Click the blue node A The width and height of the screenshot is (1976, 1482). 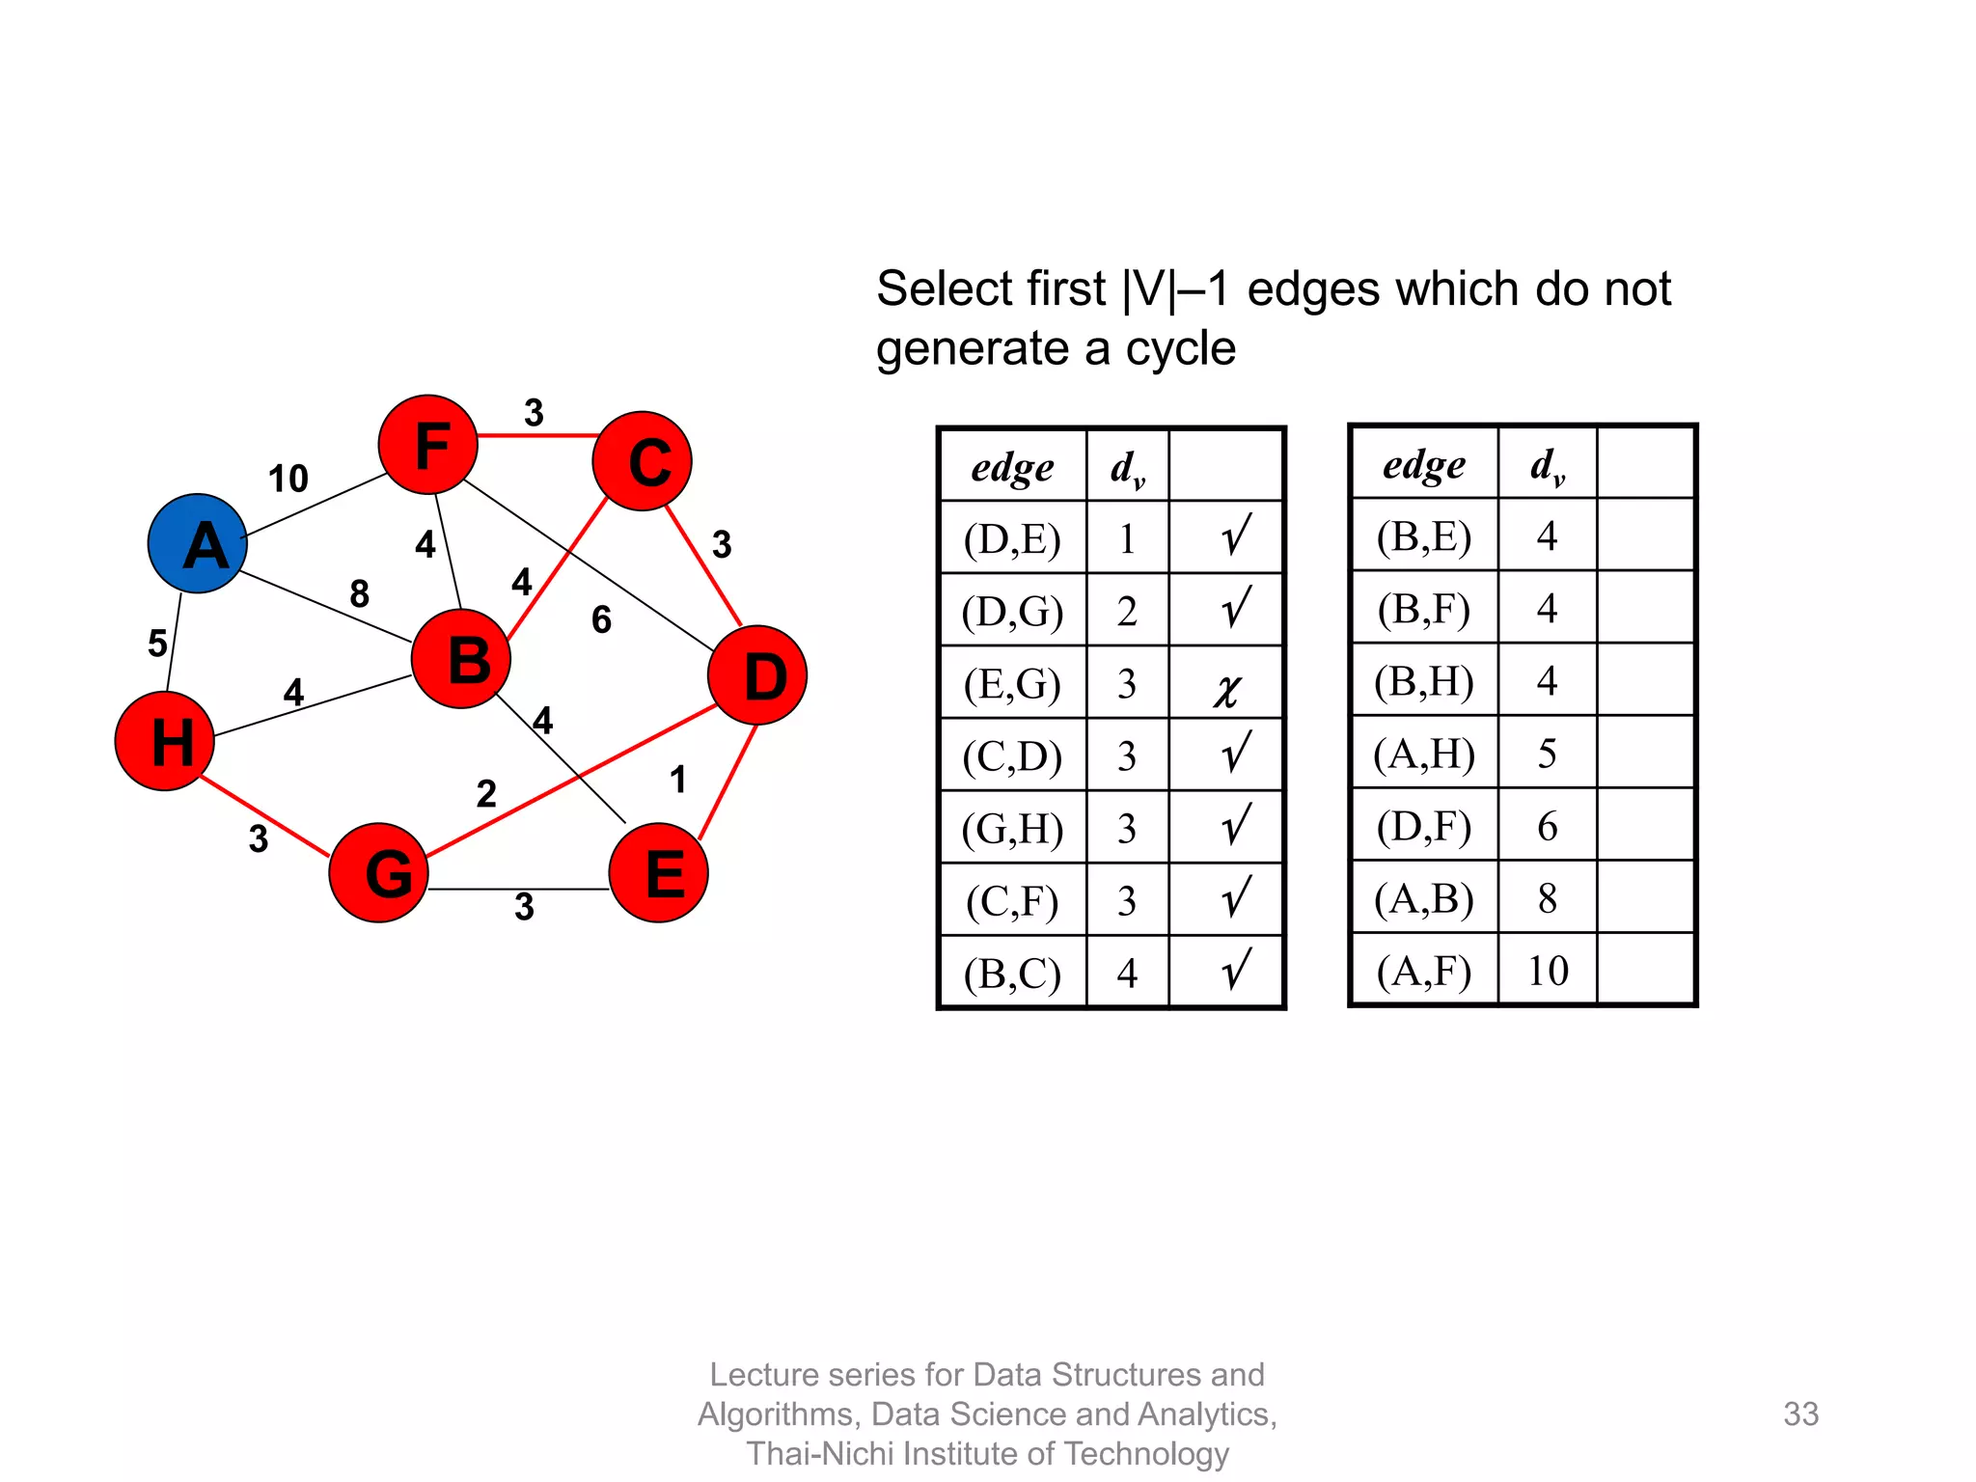pyautogui.click(x=198, y=543)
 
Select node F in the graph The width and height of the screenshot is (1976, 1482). pyautogui.click(x=428, y=445)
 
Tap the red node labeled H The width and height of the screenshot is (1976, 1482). pyautogui.click(x=165, y=741)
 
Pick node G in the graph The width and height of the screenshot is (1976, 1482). pyautogui.click(x=379, y=872)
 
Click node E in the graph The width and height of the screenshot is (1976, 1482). pyautogui.click(x=659, y=872)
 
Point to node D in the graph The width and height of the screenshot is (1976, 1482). pyautogui.click(x=757, y=675)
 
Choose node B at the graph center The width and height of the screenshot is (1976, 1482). pyautogui.click(x=461, y=659)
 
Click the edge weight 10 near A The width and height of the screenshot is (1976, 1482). pyautogui.click(x=288, y=479)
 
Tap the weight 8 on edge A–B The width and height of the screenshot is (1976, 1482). pyautogui.click(x=359, y=593)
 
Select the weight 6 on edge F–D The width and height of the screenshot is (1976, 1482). pyautogui.click(x=601, y=619)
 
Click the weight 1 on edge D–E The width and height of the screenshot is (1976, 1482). pyautogui.click(x=678, y=780)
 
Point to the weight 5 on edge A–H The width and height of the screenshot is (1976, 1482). pyautogui.click(x=157, y=644)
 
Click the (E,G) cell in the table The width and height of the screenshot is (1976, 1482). pyautogui.click(x=1012, y=684)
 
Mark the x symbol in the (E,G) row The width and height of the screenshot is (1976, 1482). pyautogui.click(x=1226, y=689)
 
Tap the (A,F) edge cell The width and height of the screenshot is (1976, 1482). pyautogui.click(x=1424, y=971)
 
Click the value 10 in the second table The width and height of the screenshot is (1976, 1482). pyautogui.click(x=1548, y=971)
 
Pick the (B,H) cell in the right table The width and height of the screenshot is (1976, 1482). pyautogui.click(x=1424, y=681)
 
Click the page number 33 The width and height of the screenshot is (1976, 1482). pyautogui.click(x=1800, y=1413)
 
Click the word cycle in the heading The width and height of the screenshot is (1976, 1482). pyautogui.click(x=1180, y=348)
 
